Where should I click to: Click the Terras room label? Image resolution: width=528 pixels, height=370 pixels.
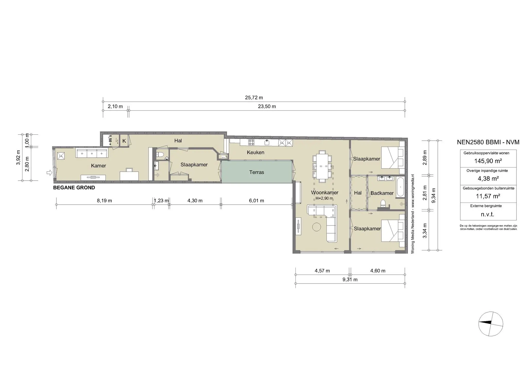click(257, 172)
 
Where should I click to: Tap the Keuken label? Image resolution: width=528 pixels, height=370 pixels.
click(255, 152)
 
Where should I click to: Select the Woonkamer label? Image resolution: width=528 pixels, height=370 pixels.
click(325, 192)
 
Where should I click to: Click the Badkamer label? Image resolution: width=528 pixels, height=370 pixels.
click(382, 193)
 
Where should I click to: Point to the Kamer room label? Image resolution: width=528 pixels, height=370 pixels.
click(98, 166)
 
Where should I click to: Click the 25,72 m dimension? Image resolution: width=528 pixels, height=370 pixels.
click(254, 98)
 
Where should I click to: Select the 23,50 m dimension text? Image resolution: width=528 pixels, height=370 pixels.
click(267, 106)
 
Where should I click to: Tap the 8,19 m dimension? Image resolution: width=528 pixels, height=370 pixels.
click(104, 200)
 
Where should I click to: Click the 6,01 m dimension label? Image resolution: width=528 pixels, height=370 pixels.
click(257, 200)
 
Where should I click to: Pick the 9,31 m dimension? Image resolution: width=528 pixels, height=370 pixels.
click(350, 279)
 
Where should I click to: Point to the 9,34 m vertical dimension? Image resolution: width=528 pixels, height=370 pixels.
click(434, 195)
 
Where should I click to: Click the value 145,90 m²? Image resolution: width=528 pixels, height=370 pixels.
click(488, 161)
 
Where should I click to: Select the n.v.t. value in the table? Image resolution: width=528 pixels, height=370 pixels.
click(488, 214)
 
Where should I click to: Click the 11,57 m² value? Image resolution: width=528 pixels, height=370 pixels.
click(488, 196)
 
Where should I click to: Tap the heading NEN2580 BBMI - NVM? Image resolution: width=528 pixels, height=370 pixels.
click(488, 142)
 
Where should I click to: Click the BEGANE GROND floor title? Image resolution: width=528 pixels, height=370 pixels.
click(74, 188)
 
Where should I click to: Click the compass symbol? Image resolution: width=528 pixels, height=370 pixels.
click(491, 324)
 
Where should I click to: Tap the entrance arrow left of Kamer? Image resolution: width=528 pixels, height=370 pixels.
click(48, 173)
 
